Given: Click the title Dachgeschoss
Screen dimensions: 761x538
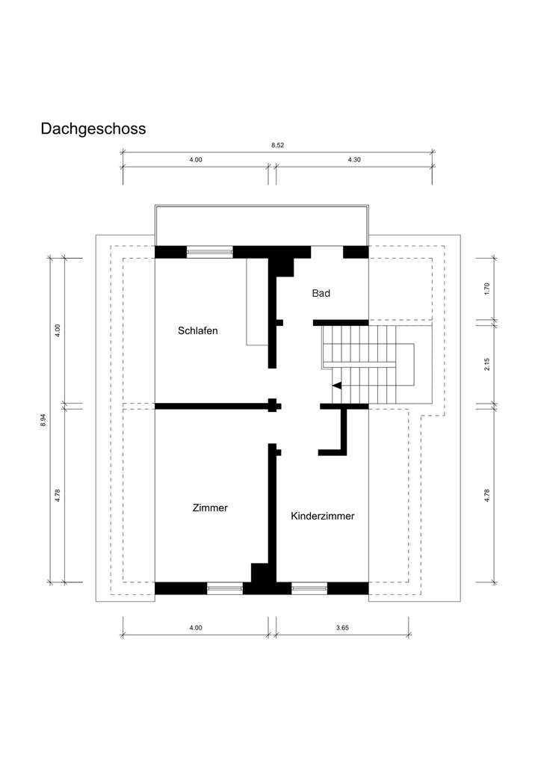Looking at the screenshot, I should pyautogui.click(x=93, y=129).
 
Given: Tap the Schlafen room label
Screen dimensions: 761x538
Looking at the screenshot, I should pyautogui.click(x=198, y=330).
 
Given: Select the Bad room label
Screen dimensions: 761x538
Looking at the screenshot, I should pyautogui.click(x=321, y=294).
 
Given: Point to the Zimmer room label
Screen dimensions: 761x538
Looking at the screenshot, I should pyautogui.click(x=209, y=508).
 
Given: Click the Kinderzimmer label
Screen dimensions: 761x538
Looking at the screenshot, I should pyautogui.click(x=322, y=516).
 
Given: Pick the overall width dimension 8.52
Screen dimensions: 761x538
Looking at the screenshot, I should pyautogui.click(x=277, y=145).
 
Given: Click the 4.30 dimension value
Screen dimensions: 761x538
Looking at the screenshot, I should pyautogui.click(x=354, y=159).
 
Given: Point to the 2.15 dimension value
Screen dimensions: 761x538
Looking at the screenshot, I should pyautogui.click(x=486, y=364).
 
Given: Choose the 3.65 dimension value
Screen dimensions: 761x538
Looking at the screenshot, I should pyautogui.click(x=342, y=628).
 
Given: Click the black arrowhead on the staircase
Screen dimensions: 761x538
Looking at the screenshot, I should pyautogui.click(x=337, y=386).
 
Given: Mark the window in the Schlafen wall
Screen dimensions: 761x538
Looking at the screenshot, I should pyautogui.click(x=209, y=252).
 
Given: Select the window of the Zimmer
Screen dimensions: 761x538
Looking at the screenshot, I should pyautogui.click(x=225, y=589).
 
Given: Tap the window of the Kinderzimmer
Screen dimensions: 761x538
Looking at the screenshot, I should pyautogui.click(x=309, y=589).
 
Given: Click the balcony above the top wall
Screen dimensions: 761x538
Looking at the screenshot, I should pyautogui.click(x=261, y=225).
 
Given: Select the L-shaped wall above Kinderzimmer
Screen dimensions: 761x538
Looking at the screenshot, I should pyautogui.click(x=337, y=434).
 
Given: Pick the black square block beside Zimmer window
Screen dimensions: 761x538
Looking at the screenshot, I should pyautogui.click(x=260, y=573).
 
